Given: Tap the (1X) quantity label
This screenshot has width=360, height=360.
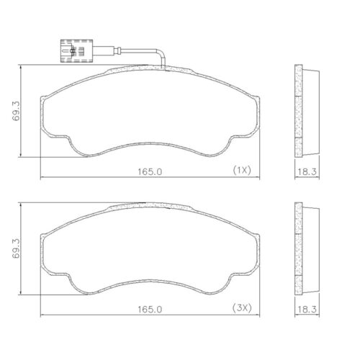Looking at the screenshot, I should click(x=240, y=171).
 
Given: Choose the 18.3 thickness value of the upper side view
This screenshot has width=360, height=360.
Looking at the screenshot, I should click(x=307, y=171).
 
